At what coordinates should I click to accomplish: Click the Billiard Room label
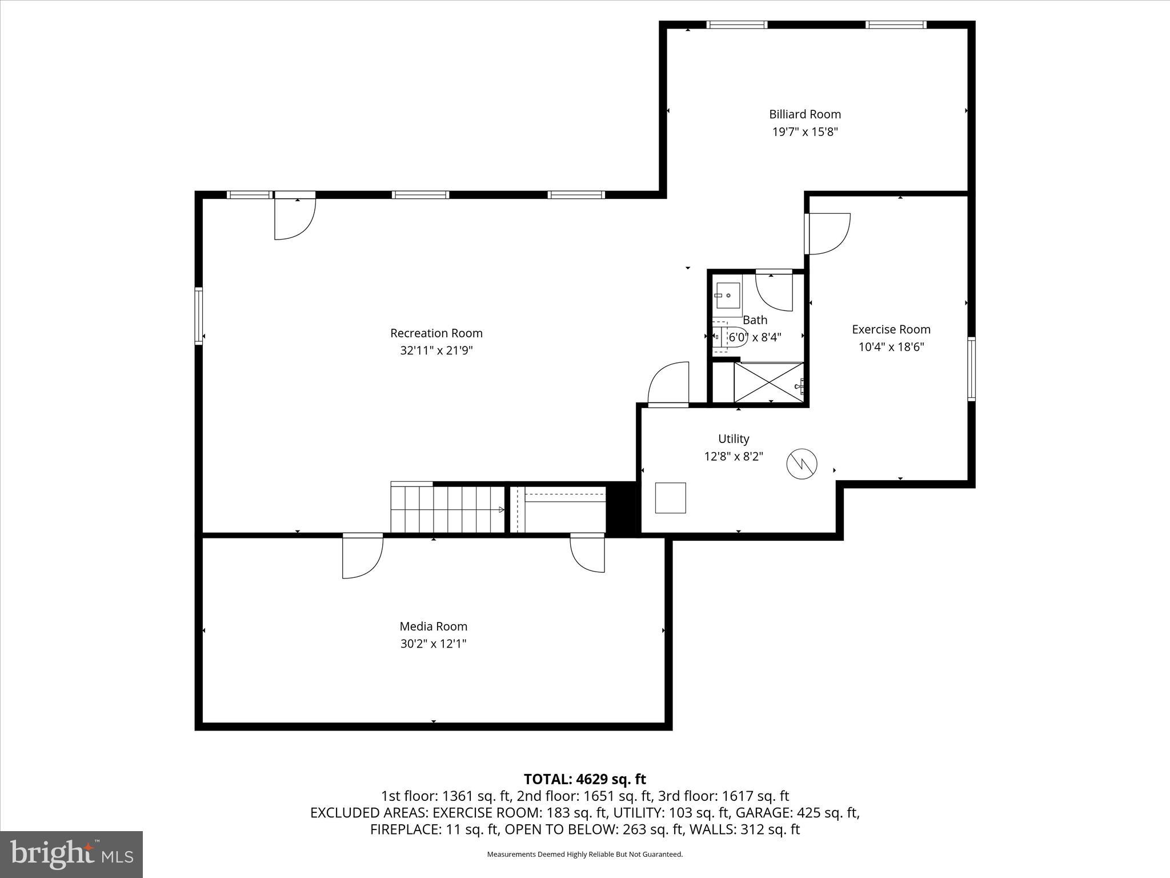(x=804, y=114)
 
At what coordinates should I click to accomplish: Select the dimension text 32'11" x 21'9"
(x=436, y=350)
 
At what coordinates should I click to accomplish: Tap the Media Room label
(x=433, y=626)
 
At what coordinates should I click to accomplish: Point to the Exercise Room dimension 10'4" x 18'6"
(x=891, y=347)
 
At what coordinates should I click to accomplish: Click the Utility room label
(x=734, y=439)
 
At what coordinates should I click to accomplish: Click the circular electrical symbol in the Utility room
(x=802, y=464)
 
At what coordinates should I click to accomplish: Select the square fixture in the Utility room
(x=670, y=498)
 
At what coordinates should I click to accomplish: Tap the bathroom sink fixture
(x=727, y=296)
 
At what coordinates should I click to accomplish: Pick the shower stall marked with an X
(x=768, y=382)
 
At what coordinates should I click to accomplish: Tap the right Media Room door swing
(x=588, y=554)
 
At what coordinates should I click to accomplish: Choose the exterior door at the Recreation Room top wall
(x=294, y=217)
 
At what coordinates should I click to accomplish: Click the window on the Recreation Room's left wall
(x=199, y=316)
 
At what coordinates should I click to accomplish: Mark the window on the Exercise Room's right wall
(x=971, y=369)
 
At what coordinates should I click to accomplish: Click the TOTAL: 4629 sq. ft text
(x=584, y=779)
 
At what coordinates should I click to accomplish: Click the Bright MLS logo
(x=71, y=854)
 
